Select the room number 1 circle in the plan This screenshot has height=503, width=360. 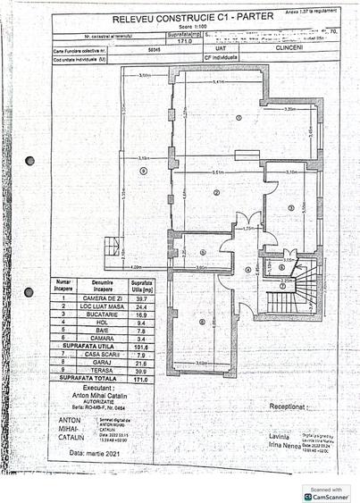[239, 118]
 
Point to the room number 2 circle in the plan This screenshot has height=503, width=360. [216, 192]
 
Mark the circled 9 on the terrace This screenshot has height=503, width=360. [143, 170]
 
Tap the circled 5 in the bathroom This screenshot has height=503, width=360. [202, 252]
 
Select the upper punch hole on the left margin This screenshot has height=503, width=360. [29, 161]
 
